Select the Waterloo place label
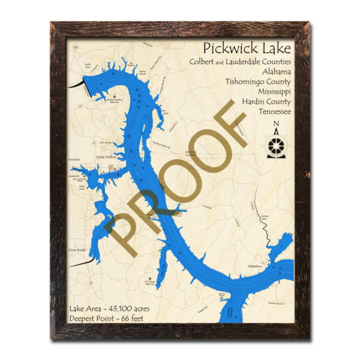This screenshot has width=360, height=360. (x=255, y=265)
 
